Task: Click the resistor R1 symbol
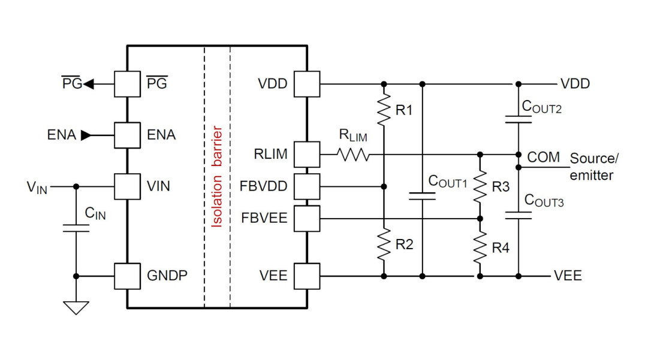384,108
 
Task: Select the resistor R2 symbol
384,244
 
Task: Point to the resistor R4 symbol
480,247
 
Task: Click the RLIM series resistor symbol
354,155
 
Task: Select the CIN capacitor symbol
76,228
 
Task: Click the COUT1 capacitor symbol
423,196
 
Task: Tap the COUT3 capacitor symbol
519,214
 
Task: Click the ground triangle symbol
76,307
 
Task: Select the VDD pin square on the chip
307,84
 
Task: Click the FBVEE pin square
307,218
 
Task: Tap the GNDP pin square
127,276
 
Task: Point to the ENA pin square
127,135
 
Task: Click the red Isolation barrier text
218,177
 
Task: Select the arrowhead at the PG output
89,84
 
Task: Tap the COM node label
543,157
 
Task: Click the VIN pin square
127,186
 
